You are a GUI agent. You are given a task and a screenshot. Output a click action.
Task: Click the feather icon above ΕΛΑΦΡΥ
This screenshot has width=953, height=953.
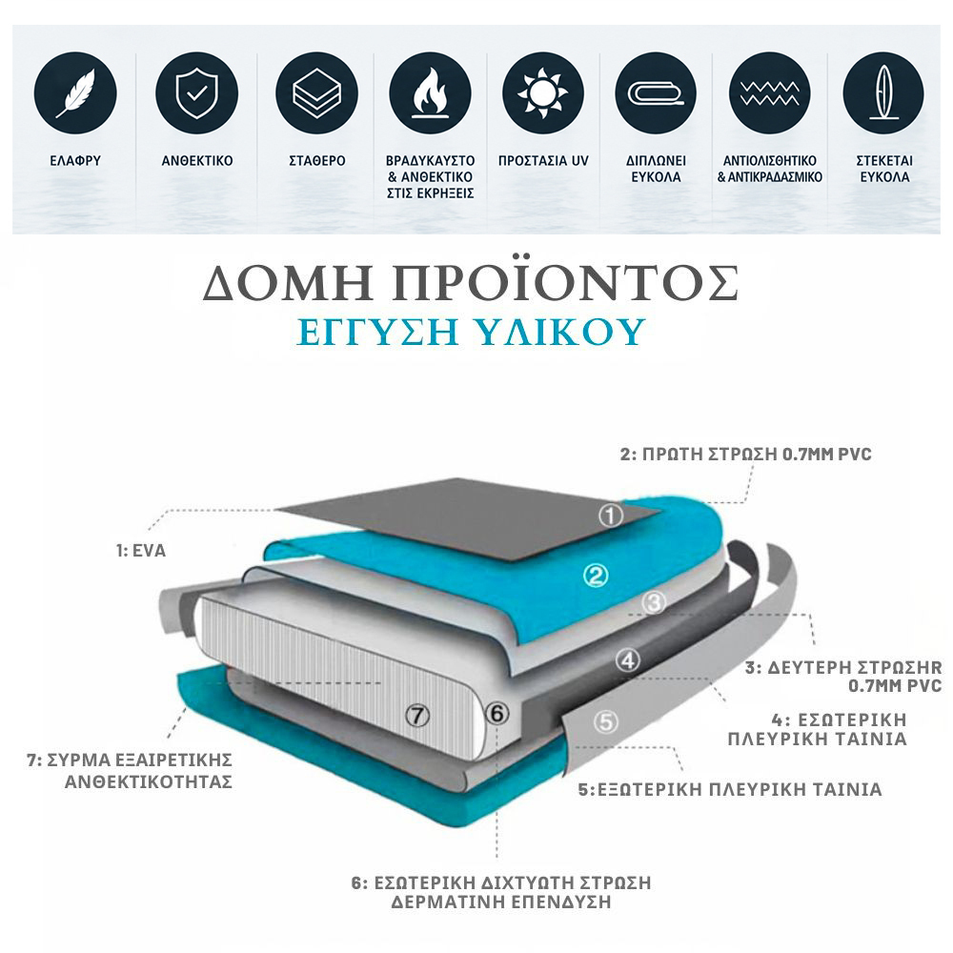click(75, 93)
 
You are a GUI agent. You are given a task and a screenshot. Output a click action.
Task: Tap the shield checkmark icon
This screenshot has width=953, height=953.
click(196, 93)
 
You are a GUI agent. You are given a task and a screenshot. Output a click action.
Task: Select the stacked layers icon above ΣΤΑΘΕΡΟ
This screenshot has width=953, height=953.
click(316, 93)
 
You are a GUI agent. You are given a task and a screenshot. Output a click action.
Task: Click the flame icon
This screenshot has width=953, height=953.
click(431, 93)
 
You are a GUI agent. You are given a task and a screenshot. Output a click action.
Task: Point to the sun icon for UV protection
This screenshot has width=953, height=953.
click(543, 93)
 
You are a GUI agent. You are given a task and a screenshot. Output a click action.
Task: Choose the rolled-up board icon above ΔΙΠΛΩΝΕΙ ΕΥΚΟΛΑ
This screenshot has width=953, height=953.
click(656, 93)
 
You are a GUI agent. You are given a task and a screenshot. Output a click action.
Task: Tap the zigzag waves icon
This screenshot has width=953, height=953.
click(769, 93)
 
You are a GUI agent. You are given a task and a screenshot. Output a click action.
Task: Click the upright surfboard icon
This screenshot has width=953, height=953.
click(883, 93)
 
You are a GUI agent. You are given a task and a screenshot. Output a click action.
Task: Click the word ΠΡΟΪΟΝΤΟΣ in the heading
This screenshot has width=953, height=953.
click(566, 282)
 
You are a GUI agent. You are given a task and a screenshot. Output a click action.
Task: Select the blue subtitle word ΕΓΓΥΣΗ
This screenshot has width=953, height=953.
click(376, 332)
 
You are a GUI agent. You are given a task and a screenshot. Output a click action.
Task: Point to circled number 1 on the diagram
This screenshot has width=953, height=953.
click(611, 516)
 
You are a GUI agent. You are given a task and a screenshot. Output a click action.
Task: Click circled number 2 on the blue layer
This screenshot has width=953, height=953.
click(596, 575)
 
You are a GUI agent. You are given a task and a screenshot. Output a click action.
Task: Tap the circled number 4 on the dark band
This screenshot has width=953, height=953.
click(628, 660)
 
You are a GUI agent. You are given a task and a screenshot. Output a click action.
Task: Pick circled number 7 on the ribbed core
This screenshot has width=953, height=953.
click(417, 716)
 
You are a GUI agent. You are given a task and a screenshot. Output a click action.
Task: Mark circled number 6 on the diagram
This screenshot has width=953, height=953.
click(497, 713)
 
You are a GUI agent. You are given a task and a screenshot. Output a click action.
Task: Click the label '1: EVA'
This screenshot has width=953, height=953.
click(141, 551)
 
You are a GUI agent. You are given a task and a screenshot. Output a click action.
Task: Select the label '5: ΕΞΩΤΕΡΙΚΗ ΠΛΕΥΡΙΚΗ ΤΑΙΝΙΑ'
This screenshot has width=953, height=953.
click(729, 789)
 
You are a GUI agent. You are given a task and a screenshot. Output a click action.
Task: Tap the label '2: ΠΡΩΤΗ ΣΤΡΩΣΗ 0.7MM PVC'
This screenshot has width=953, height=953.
click(746, 454)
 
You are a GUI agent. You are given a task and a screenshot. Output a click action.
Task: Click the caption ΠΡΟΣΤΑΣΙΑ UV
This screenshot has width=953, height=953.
click(543, 161)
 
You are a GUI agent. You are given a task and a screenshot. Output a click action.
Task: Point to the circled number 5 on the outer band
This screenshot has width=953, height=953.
click(606, 721)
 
